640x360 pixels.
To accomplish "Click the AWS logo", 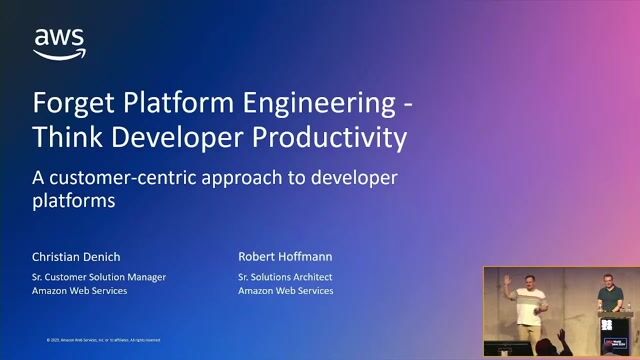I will click(59, 43).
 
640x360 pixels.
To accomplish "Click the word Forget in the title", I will click(68, 103).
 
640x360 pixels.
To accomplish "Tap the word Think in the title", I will click(67, 137).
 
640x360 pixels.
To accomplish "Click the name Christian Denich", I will click(77, 256).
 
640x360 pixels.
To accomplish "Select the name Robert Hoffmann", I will click(284, 256).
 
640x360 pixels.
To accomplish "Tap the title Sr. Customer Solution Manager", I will click(99, 276).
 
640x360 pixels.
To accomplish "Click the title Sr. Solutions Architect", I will click(285, 276).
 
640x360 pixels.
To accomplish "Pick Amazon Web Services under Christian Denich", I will click(80, 291).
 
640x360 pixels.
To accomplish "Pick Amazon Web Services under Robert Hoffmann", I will click(286, 291).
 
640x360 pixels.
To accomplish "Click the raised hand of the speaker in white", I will click(508, 281).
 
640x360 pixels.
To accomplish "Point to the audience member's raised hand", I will click(562, 335).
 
